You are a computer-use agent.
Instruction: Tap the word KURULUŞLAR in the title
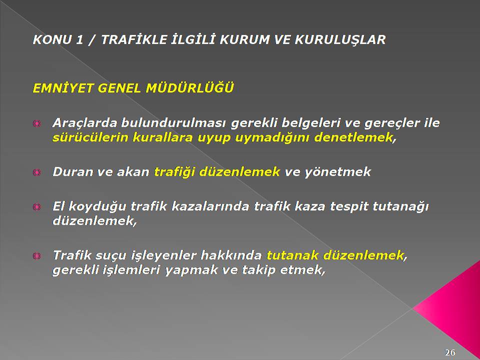click(x=340, y=40)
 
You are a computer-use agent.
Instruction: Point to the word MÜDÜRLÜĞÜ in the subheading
click(x=189, y=88)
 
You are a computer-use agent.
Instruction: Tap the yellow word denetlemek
click(x=353, y=137)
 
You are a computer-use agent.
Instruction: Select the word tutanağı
click(x=400, y=206)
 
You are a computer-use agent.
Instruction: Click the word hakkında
click(x=231, y=255)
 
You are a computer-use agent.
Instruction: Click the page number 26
click(x=450, y=352)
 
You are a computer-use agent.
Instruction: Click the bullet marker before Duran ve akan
click(x=36, y=172)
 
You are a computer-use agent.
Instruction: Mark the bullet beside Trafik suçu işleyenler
click(x=36, y=255)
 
